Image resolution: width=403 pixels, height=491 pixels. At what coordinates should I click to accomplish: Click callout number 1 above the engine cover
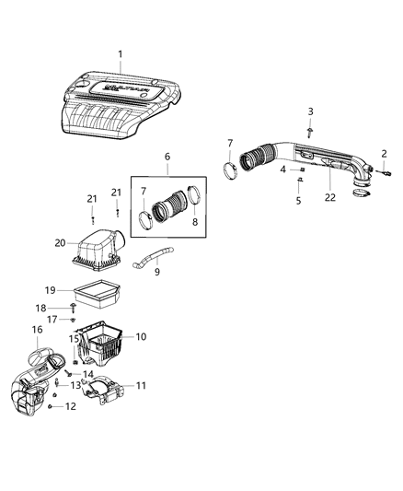pos(120,54)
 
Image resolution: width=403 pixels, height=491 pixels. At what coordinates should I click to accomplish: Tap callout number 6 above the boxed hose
pos(166,158)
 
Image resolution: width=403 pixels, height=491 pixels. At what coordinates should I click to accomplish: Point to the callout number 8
pos(196,221)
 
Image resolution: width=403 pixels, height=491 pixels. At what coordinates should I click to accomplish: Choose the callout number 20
pos(60,243)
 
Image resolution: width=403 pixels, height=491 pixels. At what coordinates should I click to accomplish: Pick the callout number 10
pos(142,337)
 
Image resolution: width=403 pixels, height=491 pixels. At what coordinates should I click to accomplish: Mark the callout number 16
pos(37,329)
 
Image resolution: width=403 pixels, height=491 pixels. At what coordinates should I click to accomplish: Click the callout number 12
pos(70,406)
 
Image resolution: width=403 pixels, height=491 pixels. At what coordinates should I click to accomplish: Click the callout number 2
pos(385,153)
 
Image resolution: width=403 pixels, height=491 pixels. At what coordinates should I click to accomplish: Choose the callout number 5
pos(298,200)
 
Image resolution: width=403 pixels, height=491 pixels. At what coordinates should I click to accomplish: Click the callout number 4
pos(282,169)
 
